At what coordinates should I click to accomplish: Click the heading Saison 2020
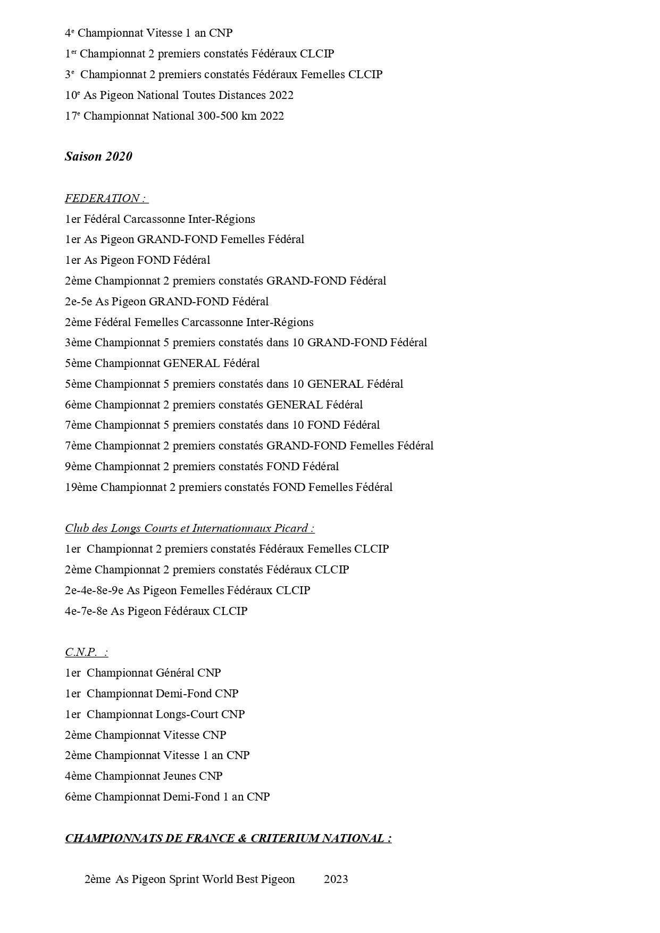click(x=98, y=156)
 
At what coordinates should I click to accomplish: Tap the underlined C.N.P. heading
click(x=85, y=652)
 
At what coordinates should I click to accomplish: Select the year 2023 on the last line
click(x=336, y=879)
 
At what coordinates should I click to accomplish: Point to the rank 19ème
click(x=81, y=487)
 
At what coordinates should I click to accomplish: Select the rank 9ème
click(x=78, y=466)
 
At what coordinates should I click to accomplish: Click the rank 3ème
click(x=78, y=343)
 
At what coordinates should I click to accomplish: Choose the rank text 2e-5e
click(x=78, y=302)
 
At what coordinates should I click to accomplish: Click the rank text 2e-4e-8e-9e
click(x=94, y=590)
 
